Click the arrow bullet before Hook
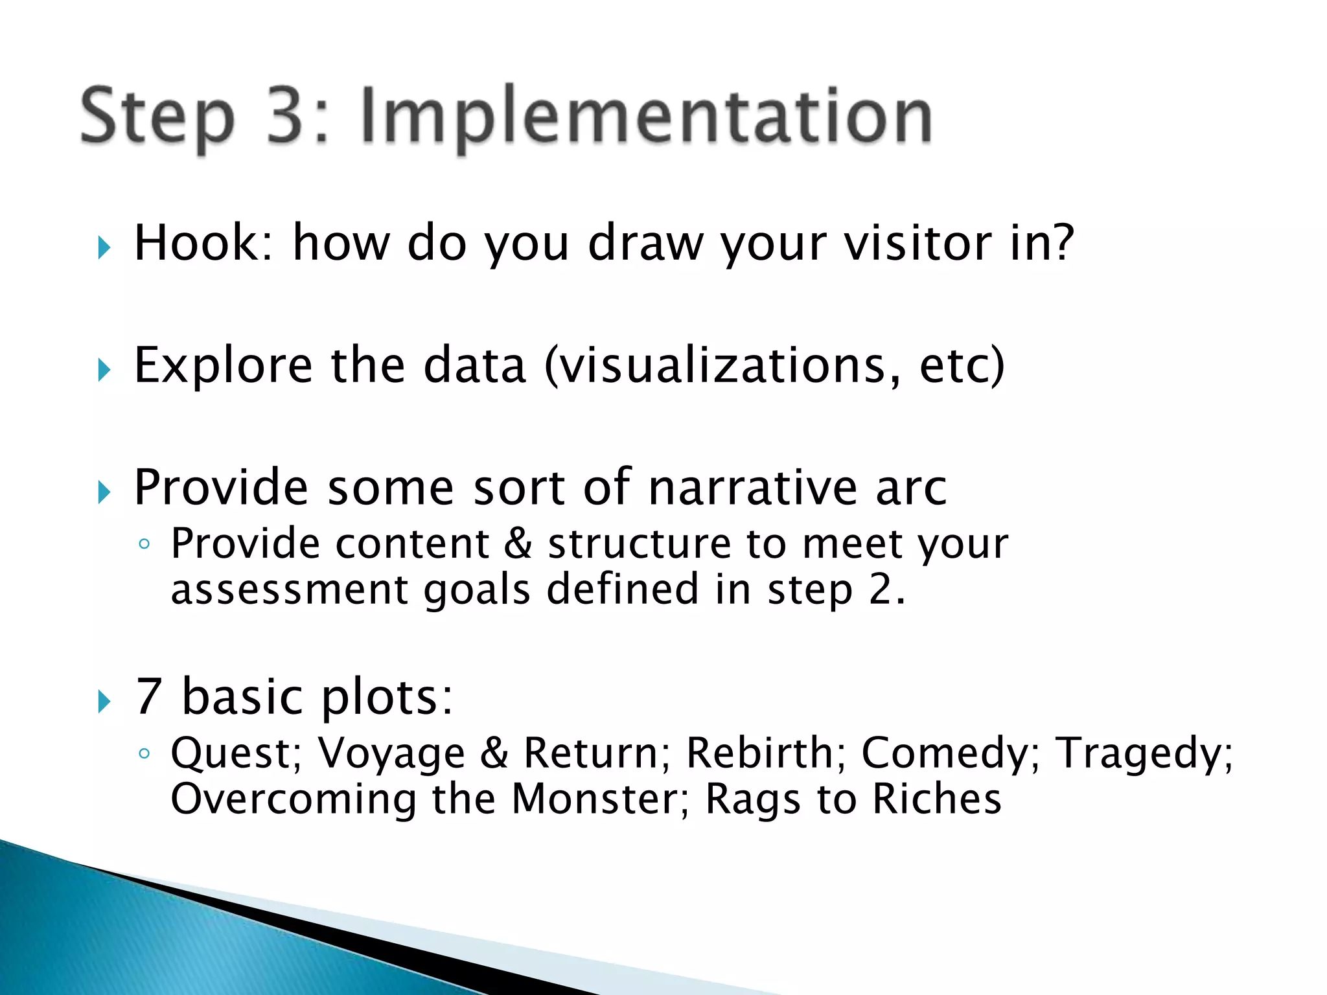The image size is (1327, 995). coord(104,247)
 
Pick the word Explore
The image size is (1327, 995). coord(223,366)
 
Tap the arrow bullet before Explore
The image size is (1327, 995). coord(104,371)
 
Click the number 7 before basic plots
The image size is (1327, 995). coord(148,696)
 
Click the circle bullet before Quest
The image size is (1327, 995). coord(144,753)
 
